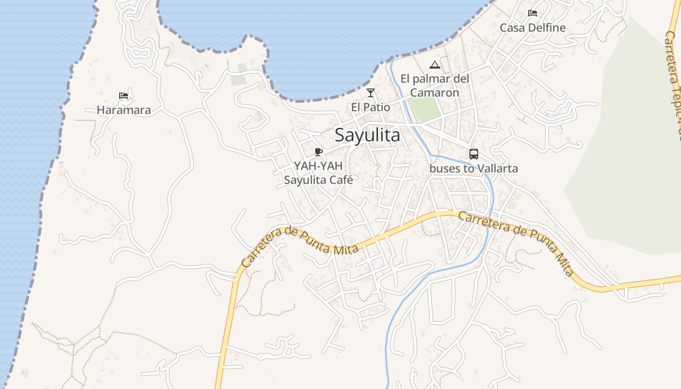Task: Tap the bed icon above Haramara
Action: (124, 96)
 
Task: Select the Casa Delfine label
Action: (533, 28)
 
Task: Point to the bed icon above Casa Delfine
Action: (533, 13)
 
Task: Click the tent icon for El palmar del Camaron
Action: (434, 65)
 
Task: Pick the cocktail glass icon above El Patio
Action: (371, 92)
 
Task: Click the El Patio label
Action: (371, 107)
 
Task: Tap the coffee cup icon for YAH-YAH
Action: (319, 152)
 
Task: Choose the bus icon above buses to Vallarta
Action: (473, 154)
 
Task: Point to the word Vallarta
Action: (497, 169)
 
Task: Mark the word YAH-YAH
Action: (318, 166)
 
